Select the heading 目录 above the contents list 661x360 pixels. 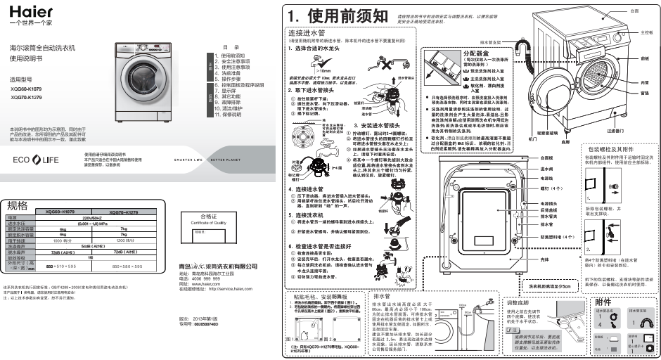237,46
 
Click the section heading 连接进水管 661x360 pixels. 306,33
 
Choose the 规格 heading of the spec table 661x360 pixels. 18,205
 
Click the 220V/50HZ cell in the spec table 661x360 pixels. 95,219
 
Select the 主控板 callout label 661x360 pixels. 647,33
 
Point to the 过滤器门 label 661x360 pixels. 614,130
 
